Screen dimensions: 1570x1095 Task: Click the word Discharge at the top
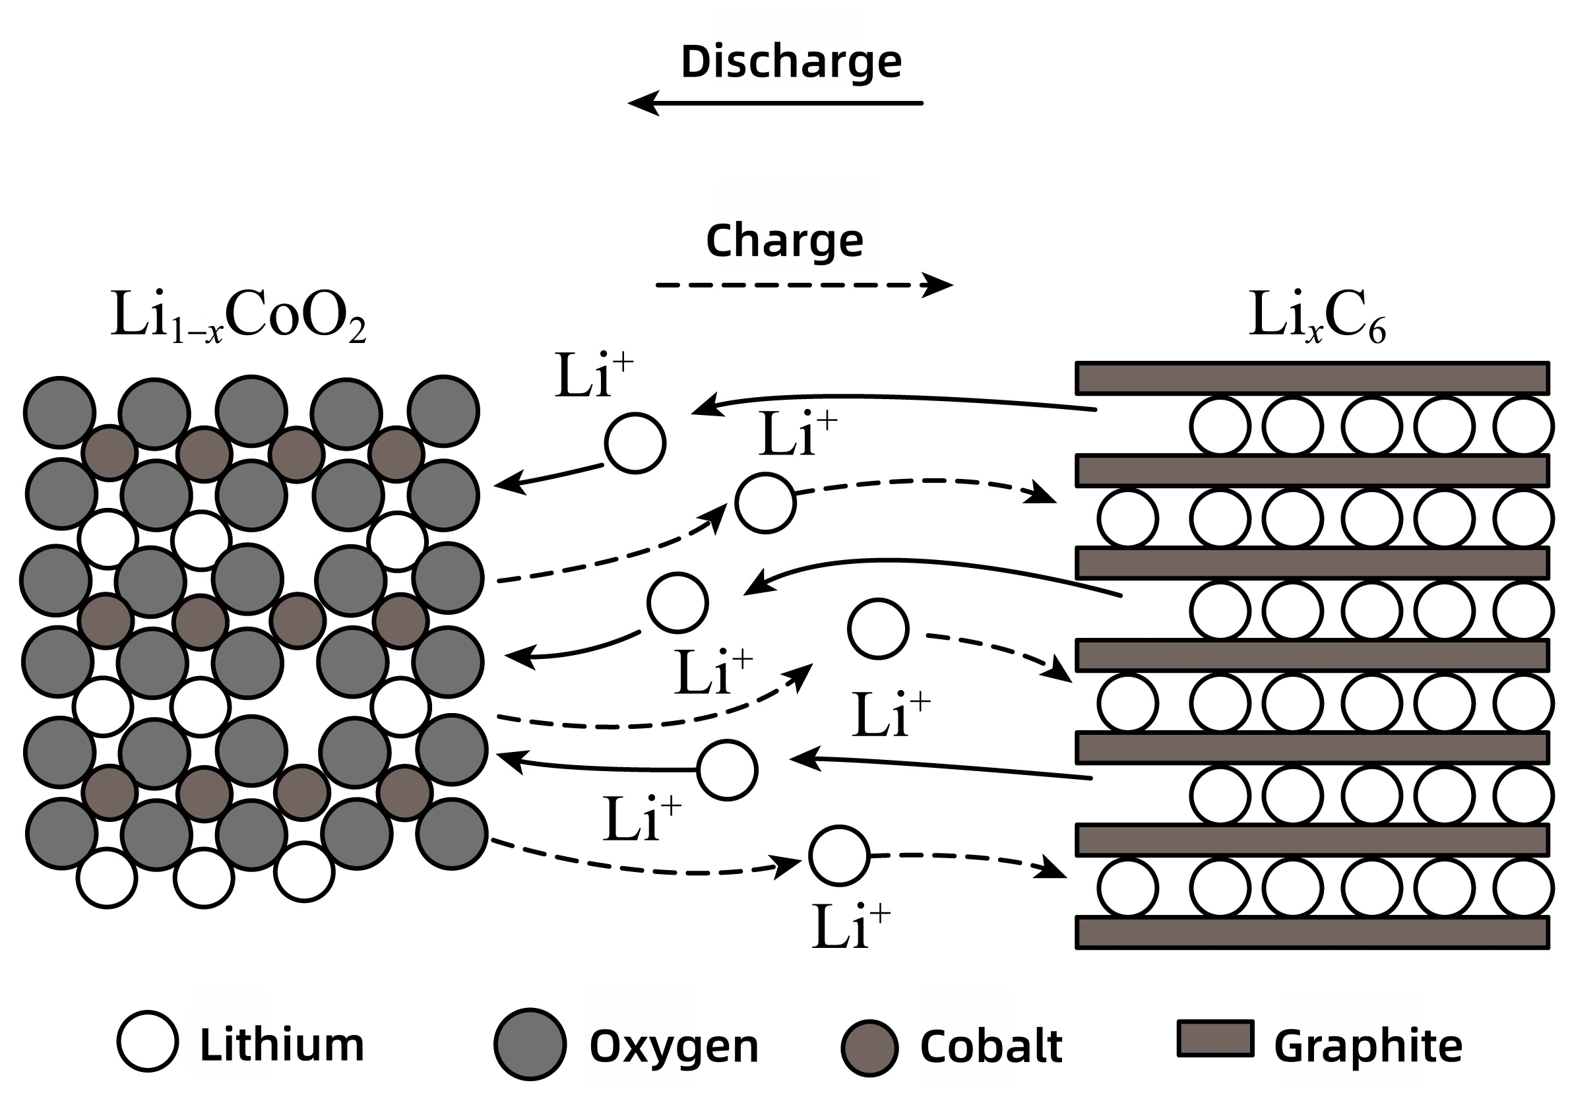791,63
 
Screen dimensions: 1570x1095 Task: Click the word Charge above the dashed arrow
784,241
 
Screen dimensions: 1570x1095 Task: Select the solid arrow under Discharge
775,104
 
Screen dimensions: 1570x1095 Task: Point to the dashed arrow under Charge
804,284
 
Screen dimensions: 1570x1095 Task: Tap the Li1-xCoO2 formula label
238,317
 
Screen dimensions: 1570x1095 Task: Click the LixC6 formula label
1317,317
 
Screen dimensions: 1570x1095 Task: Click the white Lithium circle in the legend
148,1040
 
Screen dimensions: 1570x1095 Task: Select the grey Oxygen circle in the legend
530,1044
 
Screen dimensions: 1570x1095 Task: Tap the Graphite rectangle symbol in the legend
1215,1038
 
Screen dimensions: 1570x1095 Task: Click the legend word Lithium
282,1044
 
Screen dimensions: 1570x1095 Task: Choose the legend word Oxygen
674,1047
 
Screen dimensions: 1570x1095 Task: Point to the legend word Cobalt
991,1045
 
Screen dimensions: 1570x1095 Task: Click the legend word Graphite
1368,1047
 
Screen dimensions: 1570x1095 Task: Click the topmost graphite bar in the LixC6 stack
1312,378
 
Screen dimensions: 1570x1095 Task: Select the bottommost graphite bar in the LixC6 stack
1312,932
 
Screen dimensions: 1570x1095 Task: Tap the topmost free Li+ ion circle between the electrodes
635,443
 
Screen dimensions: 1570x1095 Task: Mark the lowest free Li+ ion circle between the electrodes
839,856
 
